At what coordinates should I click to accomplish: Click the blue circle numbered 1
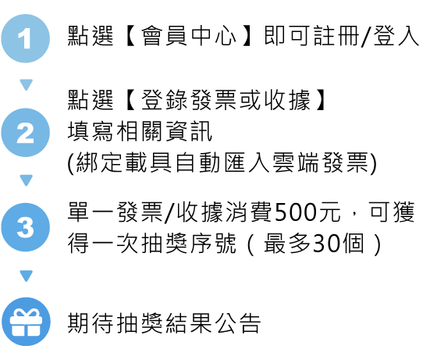click(x=26, y=38)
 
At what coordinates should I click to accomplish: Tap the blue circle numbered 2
click(x=26, y=133)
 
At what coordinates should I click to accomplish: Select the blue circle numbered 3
click(x=26, y=227)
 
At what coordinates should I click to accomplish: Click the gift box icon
click(x=26, y=322)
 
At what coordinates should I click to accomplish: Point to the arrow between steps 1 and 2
click(x=27, y=84)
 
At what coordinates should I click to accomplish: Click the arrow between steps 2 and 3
click(x=27, y=180)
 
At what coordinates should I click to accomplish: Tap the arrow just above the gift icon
click(x=27, y=276)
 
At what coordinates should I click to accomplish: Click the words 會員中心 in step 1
click(x=188, y=36)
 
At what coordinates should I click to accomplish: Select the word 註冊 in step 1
click(x=336, y=36)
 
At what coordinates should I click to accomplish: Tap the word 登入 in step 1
click(x=396, y=36)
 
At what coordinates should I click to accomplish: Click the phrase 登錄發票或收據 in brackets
click(x=226, y=100)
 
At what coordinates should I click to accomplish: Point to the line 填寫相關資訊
click(x=140, y=131)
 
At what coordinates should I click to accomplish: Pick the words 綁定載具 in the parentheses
click(x=124, y=162)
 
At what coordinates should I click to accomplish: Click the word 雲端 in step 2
click(x=296, y=162)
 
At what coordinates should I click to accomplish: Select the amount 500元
click(x=307, y=212)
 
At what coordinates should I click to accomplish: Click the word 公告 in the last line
click(x=237, y=323)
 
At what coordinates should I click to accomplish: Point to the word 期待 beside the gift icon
click(x=91, y=323)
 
